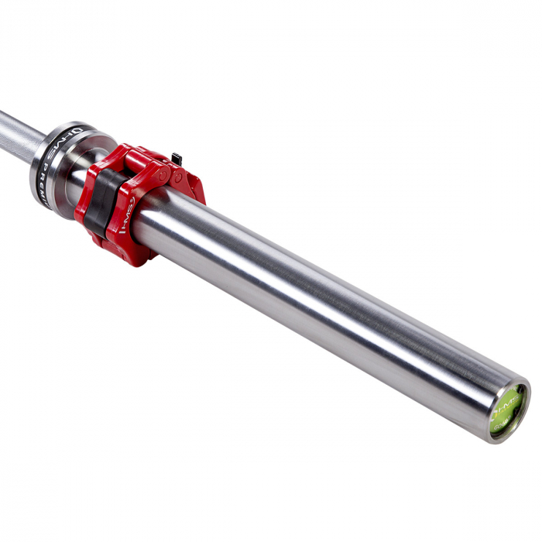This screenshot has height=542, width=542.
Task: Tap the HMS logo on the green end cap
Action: (507, 405)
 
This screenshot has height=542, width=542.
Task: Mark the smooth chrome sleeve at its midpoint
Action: (325, 310)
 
